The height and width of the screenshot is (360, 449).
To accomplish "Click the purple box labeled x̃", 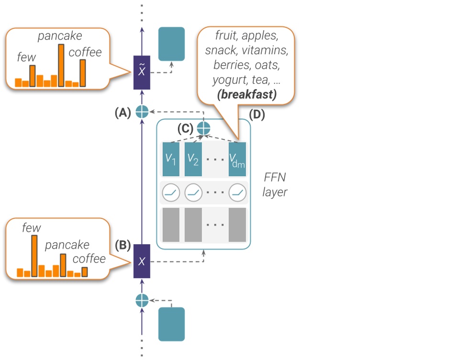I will tap(142, 72).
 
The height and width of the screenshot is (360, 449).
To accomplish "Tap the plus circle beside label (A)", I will tap(142, 111).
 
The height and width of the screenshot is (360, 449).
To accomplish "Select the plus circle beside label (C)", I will tap(204, 128).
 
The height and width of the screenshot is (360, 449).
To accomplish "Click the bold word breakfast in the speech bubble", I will tap(247, 94).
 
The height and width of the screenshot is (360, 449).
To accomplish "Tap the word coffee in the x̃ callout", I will tap(85, 52).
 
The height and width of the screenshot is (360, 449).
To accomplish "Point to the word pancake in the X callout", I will tap(67, 245).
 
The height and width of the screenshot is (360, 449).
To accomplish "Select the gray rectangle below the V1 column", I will tap(171, 225).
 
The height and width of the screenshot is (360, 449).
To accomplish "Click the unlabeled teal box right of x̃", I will tap(171, 44).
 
